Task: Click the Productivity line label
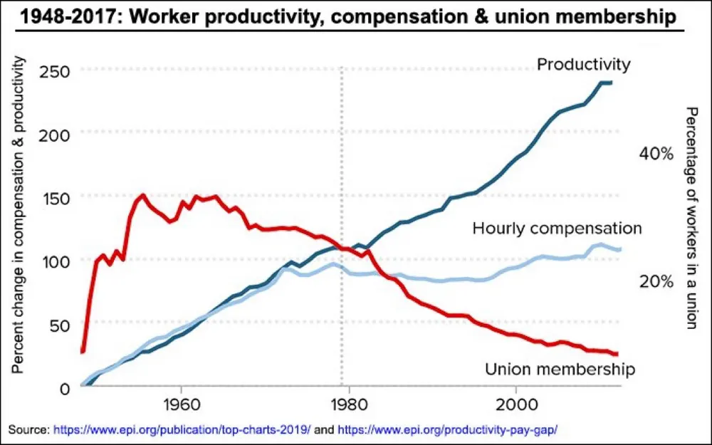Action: (x=583, y=65)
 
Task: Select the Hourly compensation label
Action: (x=557, y=229)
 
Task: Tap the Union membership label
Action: (x=559, y=369)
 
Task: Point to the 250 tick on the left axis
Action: (x=54, y=71)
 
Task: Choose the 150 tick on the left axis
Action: (x=54, y=197)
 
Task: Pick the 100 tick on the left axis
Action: (x=54, y=261)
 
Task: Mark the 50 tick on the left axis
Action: (x=58, y=325)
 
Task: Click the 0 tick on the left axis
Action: (x=64, y=389)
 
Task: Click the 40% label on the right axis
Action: (x=656, y=154)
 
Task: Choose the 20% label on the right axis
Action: (x=656, y=281)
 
